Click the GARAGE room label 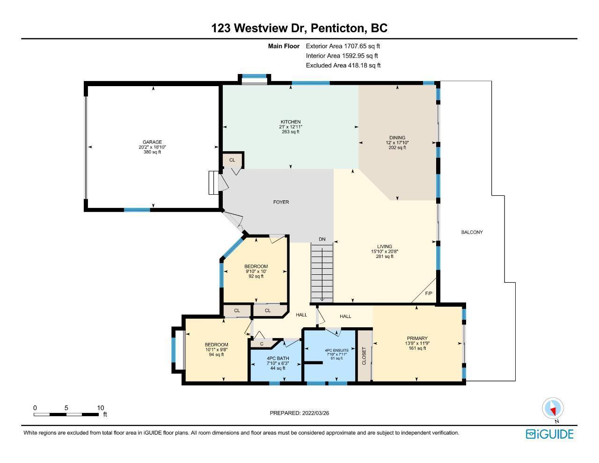tap(152, 142)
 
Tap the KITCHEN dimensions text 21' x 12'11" tap(291, 127)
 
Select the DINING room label tap(397, 138)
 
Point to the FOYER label tap(281, 202)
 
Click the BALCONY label tap(472, 232)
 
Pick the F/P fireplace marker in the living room tap(429, 294)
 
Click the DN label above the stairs tap(322, 239)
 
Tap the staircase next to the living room tap(322, 273)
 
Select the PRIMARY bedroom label tap(417, 338)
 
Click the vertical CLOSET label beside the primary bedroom tap(364, 356)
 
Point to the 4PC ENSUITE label tap(336, 350)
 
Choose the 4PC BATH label tap(278, 358)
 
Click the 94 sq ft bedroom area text tap(216, 354)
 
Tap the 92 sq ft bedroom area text tap(256, 276)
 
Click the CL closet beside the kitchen tap(232, 160)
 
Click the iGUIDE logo tap(550, 434)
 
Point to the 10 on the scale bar tap(100, 408)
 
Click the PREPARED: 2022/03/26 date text tap(299, 413)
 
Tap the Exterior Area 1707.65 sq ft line tap(343, 46)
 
